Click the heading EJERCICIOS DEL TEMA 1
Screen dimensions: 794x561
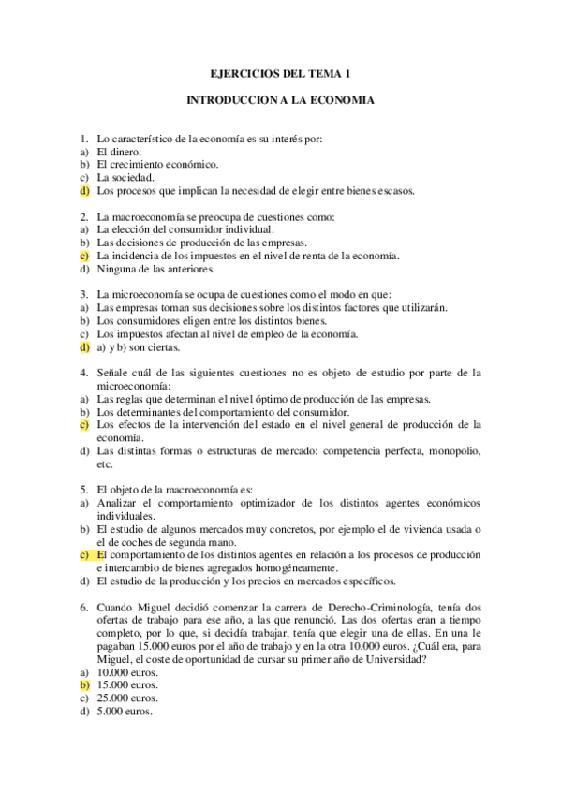coord(280,73)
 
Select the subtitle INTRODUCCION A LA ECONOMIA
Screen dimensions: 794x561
coord(280,100)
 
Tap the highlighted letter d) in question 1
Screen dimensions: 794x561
coord(84,190)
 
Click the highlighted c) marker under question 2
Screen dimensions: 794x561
coord(84,255)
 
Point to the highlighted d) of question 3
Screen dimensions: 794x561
coord(84,346)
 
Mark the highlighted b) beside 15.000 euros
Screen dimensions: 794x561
coord(84,684)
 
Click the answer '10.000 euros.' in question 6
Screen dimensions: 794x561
coord(127,671)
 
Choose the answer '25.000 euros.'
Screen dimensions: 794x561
coord(127,698)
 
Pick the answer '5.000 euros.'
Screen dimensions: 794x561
coord(125,711)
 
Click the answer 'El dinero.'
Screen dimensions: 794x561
coord(119,151)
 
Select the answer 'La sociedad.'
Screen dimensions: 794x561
coord(125,177)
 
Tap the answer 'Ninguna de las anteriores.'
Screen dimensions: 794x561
coord(156,269)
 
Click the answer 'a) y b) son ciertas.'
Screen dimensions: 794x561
coord(138,346)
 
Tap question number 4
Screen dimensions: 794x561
coord(83,372)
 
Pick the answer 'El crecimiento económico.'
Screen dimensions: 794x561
coord(157,164)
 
